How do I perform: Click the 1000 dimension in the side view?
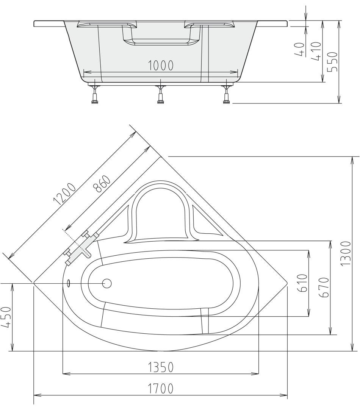(160, 66)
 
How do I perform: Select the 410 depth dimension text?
(316, 51)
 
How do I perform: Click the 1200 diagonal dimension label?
(64, 194)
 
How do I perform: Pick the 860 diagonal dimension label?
(102, 184)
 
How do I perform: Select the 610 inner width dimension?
(303, 283)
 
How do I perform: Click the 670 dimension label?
(324, 287)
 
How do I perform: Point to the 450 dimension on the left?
(6, 317)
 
